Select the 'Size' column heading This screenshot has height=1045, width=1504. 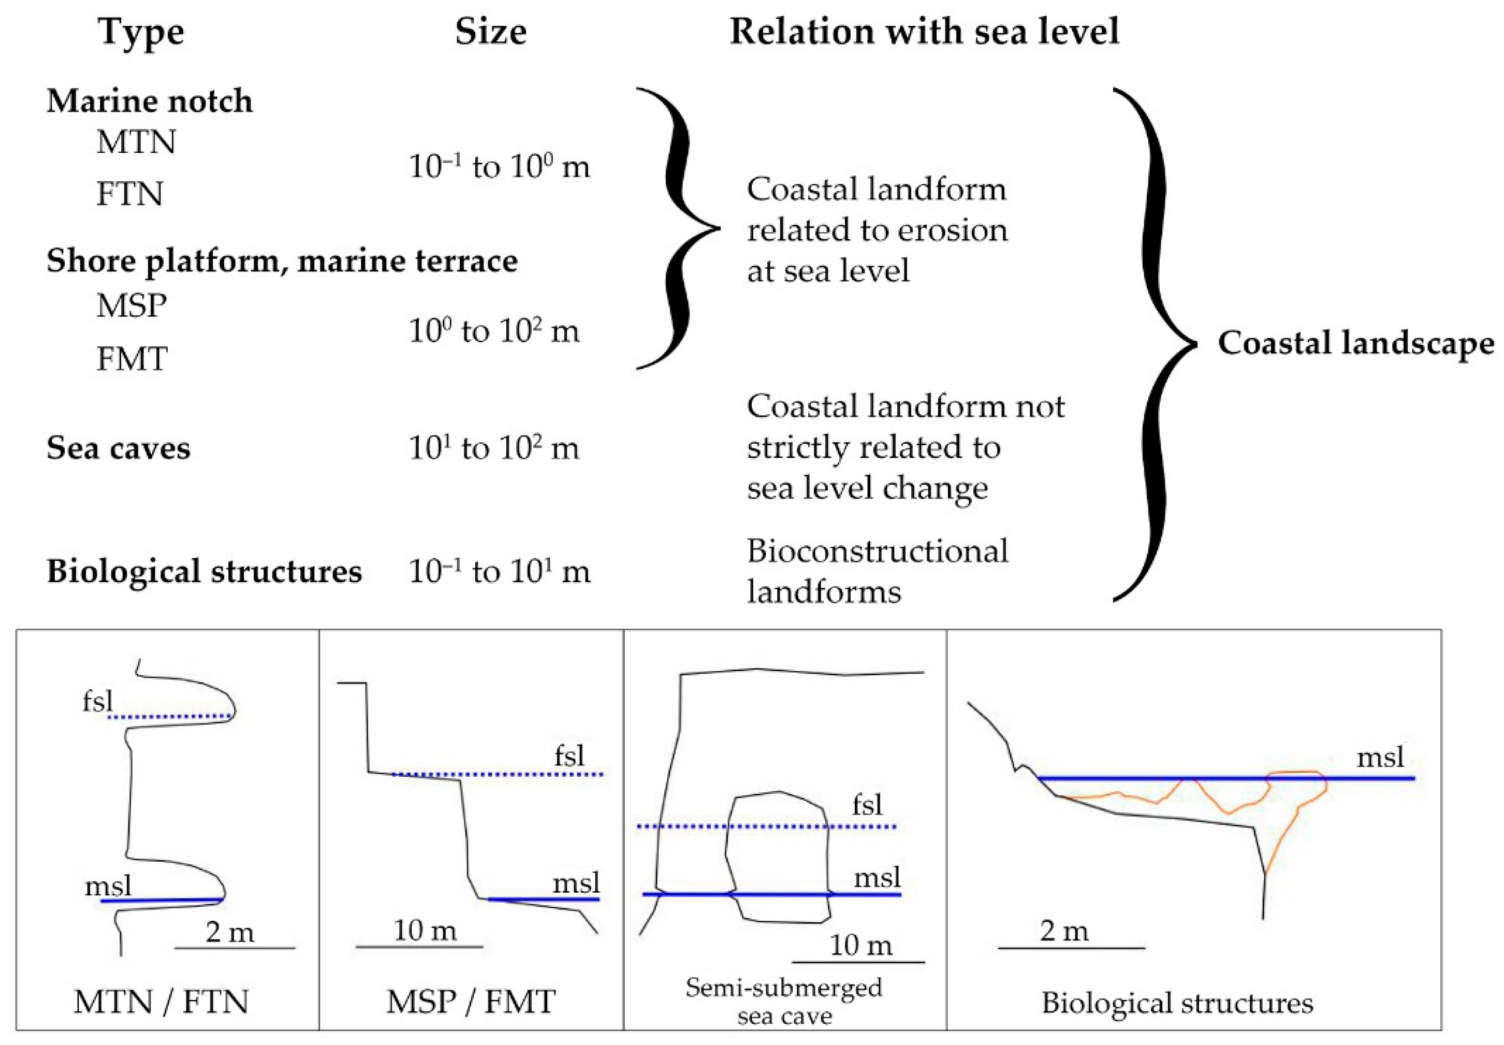click(x=490, y=32)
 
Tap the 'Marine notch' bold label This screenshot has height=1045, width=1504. click(x=149, y=101)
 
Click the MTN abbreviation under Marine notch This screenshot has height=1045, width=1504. click(x=136, y=142)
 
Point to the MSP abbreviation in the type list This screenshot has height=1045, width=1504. click(x=132, y=306)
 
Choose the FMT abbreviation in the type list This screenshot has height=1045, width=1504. click(x=132, y=359)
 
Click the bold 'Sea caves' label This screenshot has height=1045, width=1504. click(x=119, y=448)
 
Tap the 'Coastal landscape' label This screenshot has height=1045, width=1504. click(x=1355, y=343)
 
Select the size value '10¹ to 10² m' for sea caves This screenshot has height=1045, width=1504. click(x=494, y=448)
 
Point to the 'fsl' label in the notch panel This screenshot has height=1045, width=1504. click(x=97, y=702)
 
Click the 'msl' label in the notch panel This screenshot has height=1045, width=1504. click(x=108, y=887)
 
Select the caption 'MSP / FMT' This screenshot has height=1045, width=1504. click(x=471, y=1002)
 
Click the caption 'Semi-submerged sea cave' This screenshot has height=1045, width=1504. click(x=784, y=1001)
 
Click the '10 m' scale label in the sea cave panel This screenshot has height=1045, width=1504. click(x=860, y=946)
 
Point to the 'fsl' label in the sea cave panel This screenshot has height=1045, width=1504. click(x=867, y=805)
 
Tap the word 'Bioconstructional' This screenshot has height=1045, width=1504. click(x=877, y=551)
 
